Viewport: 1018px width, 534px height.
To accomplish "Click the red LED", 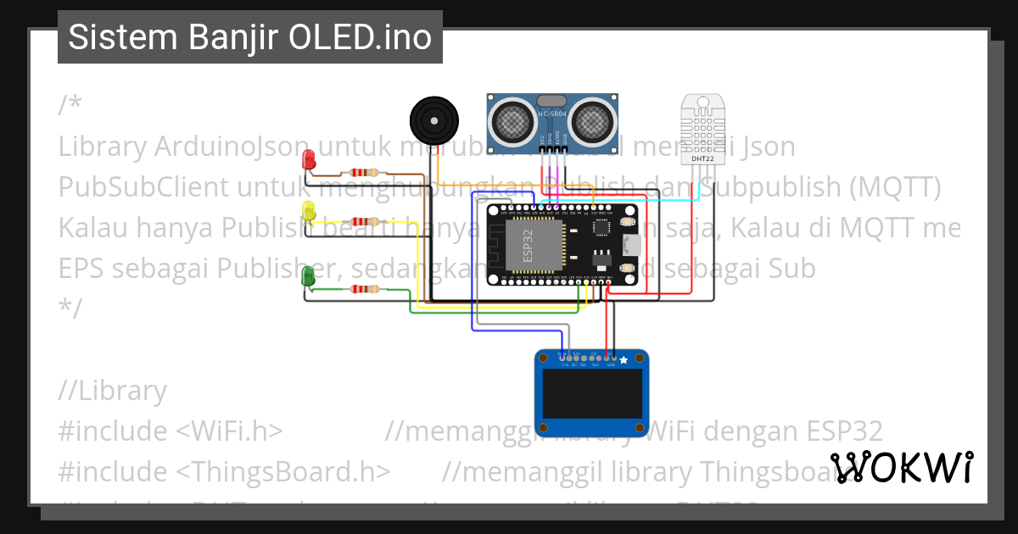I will (309, 159).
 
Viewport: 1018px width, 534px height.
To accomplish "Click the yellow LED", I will (309, 211).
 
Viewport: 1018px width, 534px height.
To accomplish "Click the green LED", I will (309, 275).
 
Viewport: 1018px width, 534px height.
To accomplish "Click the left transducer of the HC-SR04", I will (512, 121).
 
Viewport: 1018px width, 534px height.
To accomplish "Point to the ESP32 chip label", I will (529, 243).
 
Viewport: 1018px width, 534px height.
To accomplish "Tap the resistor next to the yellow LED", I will (364, 221).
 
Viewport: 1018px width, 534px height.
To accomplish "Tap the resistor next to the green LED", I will (364, 290).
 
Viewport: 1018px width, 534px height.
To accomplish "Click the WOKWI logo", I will (901, 467).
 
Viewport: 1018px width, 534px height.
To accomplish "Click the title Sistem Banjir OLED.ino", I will (249, 37).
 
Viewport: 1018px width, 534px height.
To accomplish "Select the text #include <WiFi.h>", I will (171, 431).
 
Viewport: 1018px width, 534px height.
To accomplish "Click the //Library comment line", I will (113, 391).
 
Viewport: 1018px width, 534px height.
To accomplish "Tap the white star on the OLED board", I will (624, 360).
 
